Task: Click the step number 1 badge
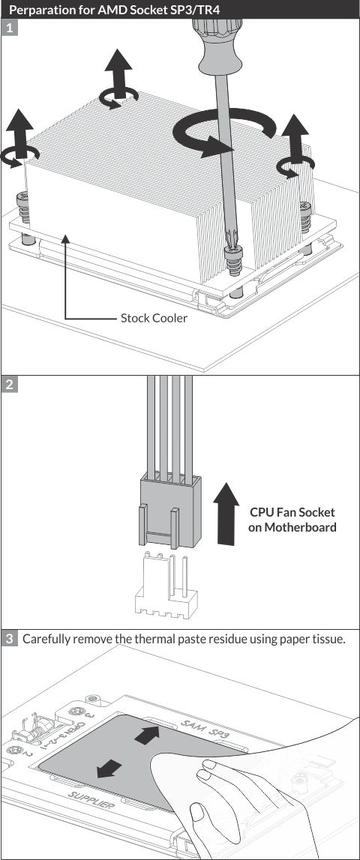[9, 28]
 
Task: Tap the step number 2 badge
[9, 383]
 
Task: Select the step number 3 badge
[9, 639]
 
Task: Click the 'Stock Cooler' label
[154, 318]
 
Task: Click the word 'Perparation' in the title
[42, 9]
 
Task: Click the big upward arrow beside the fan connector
[226, 514]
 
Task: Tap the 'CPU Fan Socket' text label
[292, 512]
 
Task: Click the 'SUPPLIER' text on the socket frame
[91, 802]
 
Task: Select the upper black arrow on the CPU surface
[146, 735]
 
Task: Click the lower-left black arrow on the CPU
[109, 769]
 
